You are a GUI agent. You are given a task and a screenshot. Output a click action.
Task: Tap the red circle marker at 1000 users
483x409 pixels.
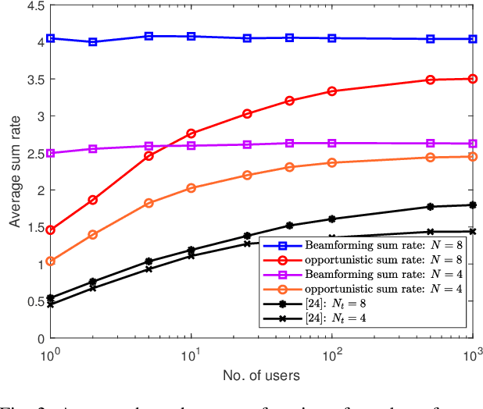point(471,79)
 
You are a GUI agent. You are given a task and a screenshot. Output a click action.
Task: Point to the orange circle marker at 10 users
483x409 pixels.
point(191,188)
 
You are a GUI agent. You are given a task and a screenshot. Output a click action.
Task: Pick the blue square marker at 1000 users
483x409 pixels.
point(471,39)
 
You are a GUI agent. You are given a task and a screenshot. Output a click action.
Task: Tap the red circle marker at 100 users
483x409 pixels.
point(332,91)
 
